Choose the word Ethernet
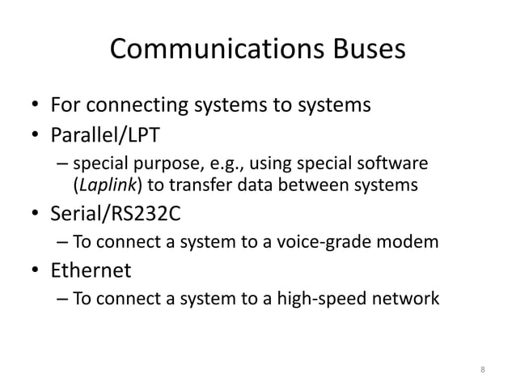coord(91,269)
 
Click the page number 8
coord(483,371)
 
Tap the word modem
coord(412,241)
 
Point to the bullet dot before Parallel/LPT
coord(35,133)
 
